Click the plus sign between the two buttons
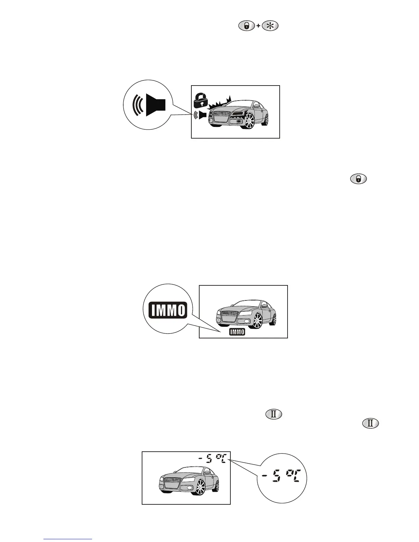point(258,26)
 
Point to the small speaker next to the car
point(200,115)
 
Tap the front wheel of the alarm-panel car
point(250,121)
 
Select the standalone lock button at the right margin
point(358,179)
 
